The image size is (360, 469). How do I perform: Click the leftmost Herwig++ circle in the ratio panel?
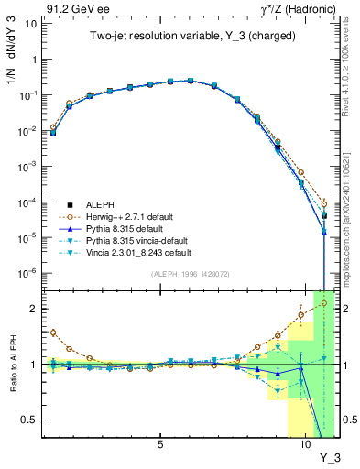click(x=53, y=333)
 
